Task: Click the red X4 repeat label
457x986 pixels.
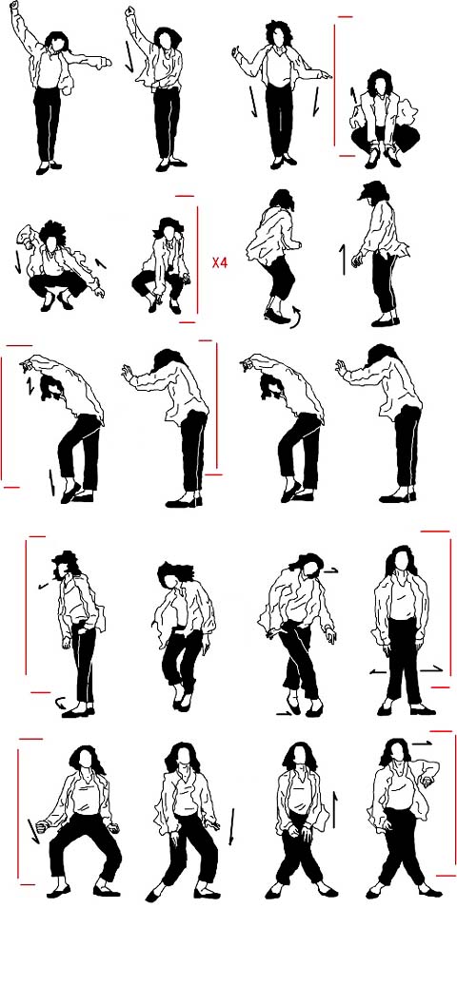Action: [219, 262]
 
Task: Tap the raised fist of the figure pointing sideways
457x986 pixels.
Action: [14, 5]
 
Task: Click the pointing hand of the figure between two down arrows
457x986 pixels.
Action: [324, 76]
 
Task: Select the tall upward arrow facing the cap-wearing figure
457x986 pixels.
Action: [343, 259]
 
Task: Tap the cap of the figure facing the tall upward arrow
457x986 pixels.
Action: [371, 190]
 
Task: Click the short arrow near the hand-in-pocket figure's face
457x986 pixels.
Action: [43, 586]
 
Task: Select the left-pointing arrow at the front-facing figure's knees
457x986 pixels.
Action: [378, 671]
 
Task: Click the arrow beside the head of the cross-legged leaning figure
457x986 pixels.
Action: [331, 570]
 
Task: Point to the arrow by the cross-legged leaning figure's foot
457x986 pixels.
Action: [284, 713]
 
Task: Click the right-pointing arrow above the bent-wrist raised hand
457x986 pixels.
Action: [423, 744]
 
